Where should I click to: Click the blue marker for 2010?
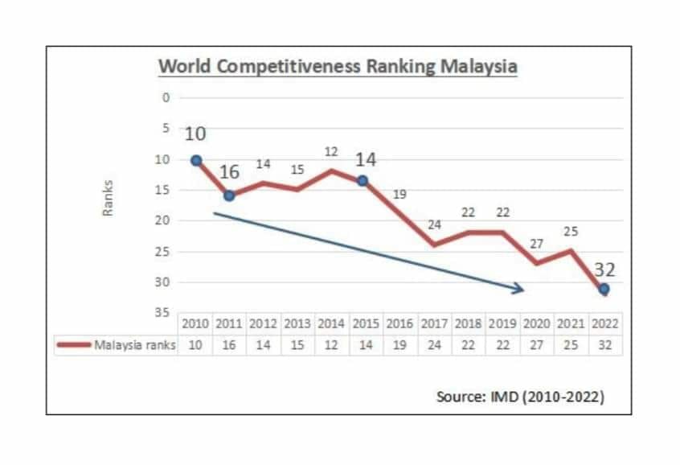195,160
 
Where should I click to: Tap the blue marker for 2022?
604,288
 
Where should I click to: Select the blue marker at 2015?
363,181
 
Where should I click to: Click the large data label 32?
604,270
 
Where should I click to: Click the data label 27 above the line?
537,244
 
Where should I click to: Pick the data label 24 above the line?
434,224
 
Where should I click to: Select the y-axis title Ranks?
107,197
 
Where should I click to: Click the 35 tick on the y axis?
164,312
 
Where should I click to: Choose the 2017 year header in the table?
434,323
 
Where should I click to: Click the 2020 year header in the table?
537,323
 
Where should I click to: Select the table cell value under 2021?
571,344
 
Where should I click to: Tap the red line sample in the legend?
72,345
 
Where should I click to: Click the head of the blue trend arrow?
520,289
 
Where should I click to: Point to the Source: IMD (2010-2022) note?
518,397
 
